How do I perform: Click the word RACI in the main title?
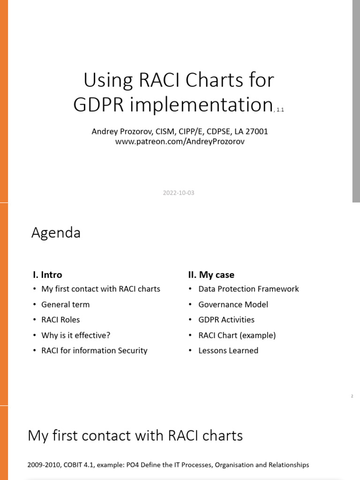(159, 80)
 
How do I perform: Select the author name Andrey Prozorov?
(121, 131)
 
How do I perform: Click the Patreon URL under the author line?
(180, 141)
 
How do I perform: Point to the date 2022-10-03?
(179, 193)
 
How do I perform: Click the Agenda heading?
(56, 233)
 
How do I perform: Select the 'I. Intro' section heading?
(47, 275)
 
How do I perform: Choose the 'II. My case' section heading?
(211, 275)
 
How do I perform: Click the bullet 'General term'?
(65, 304)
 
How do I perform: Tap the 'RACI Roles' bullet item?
(60, 320)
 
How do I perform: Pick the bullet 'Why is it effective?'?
(76, 335)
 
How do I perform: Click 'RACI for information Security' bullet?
(94, 350)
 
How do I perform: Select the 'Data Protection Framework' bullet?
(248, 289)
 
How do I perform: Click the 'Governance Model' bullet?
(233, 304)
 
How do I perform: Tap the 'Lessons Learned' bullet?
(228, 350)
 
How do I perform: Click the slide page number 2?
(352, 397)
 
